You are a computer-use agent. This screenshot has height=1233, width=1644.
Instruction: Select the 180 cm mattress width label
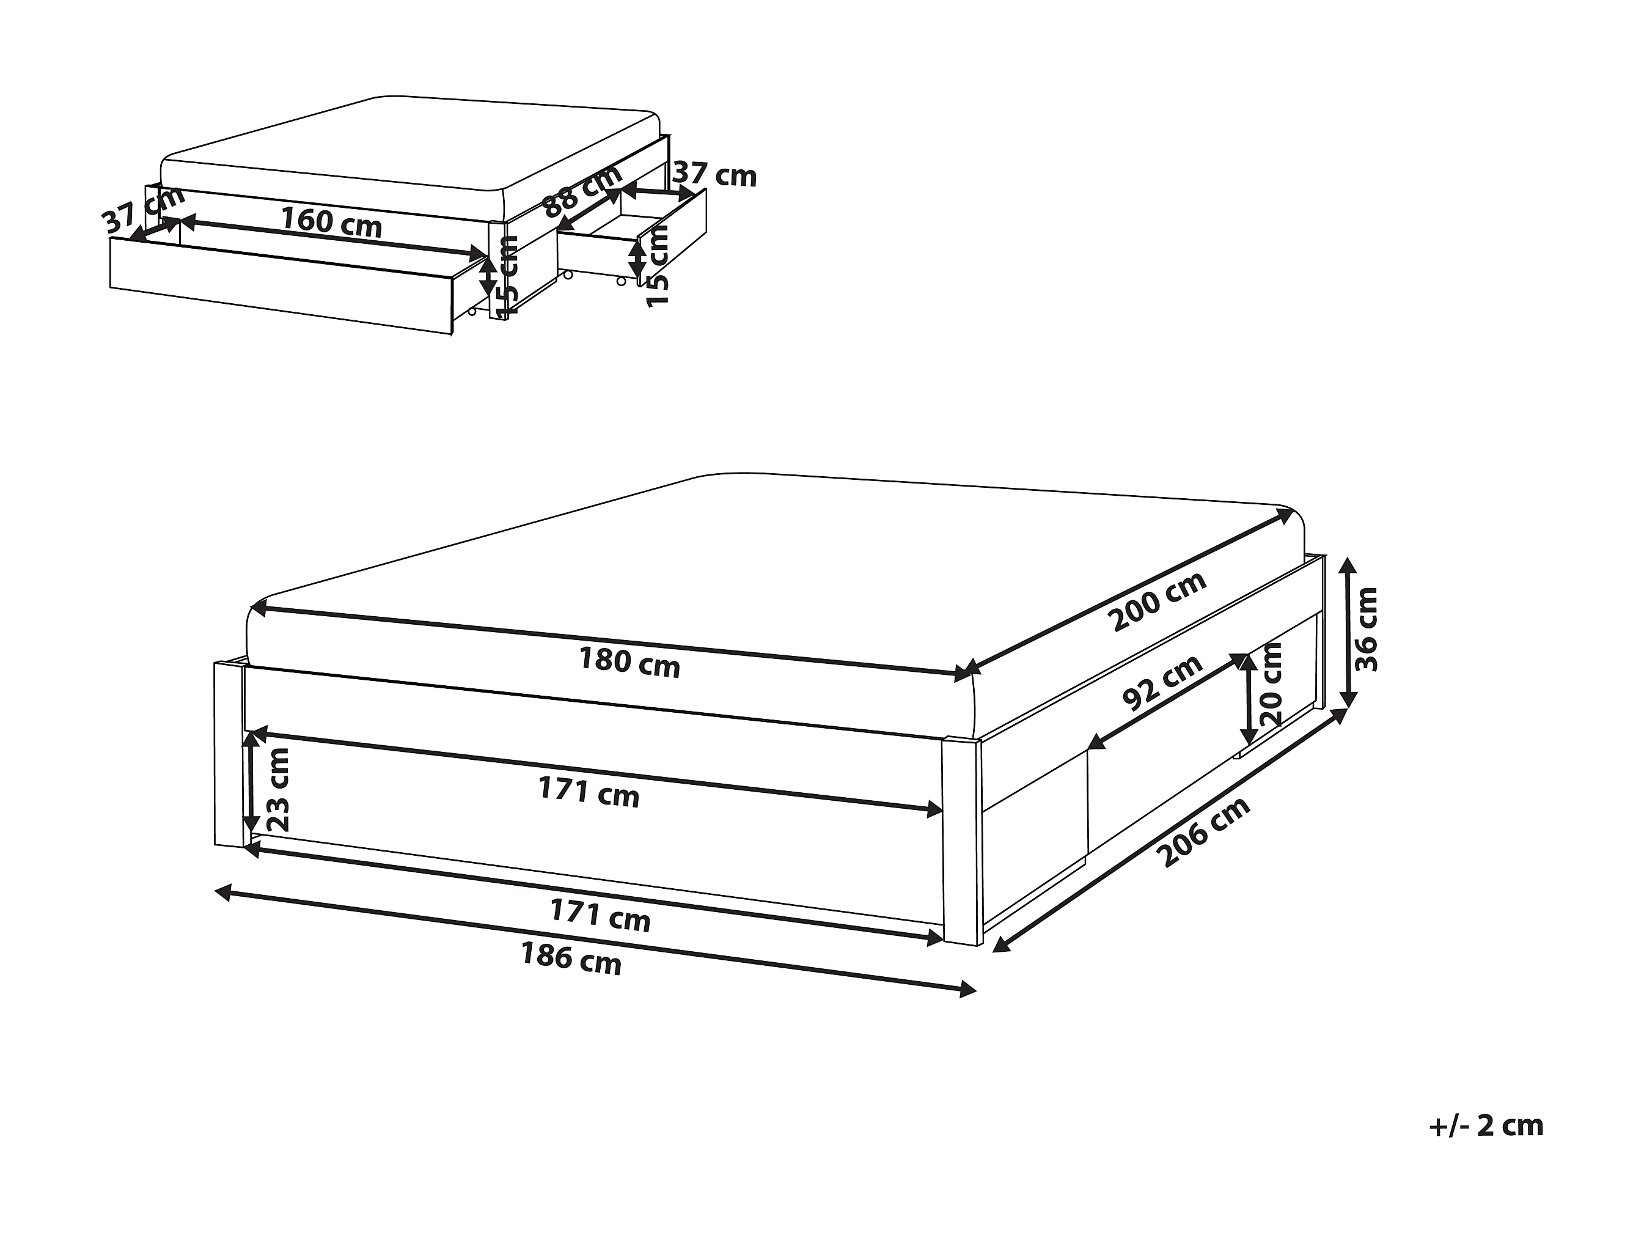(x=629, y=662)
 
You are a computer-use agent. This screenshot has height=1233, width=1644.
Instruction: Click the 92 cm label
(x=1162, y=682)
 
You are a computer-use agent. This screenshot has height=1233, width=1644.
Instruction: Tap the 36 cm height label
(x=1366, y=629)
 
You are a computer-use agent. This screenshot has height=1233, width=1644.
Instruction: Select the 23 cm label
(x=277, y=790)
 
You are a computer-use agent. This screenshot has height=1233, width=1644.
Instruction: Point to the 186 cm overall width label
(x=571, y=958)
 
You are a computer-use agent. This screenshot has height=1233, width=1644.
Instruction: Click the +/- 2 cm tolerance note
(x=1486, y=1125)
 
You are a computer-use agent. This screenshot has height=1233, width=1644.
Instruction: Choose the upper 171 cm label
(x=589, y=792)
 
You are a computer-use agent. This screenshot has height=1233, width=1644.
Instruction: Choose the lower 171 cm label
(x=600, y=915)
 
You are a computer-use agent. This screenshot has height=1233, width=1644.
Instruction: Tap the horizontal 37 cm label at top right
(x=714, y=176)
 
